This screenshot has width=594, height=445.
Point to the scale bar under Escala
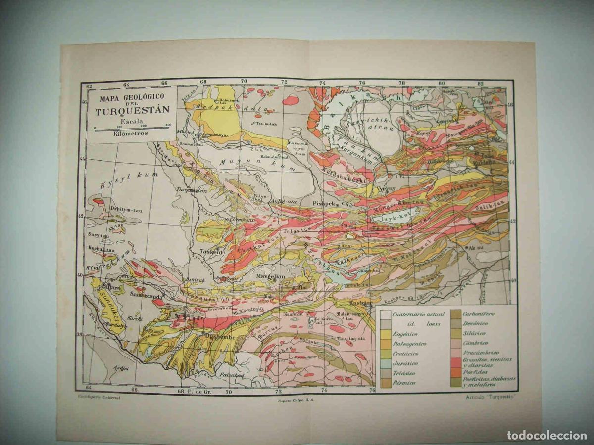pyautogui.click(x=132, y=128)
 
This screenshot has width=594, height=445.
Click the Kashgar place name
pyautogui.click(x=360, y=303)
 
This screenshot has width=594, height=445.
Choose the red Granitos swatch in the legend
pyautogui.click(x=456, y=362)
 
